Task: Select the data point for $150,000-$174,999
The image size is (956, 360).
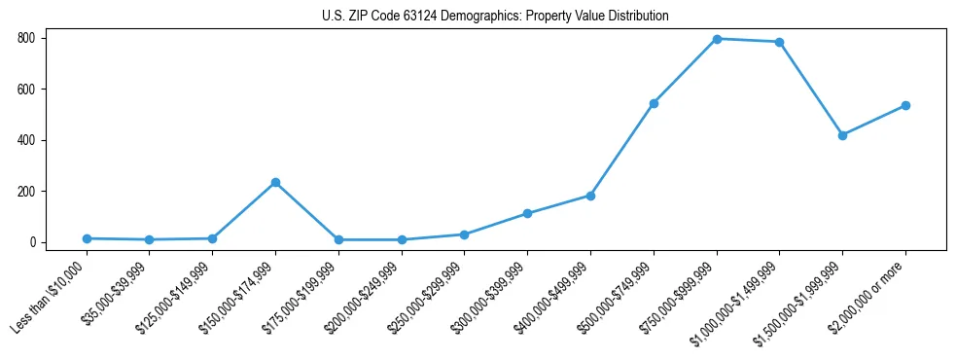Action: pyautogui.click(x=275, y=182)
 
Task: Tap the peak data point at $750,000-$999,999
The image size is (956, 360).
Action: pyautogui.click(x=717, y=39)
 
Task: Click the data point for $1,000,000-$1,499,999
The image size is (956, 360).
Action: pyautogui.click(x=780, y=42)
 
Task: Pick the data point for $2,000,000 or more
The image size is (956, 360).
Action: pyautogui.click(x=905, y=105)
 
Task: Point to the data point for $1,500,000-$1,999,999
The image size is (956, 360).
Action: pyautogui.click(x=842, y=135)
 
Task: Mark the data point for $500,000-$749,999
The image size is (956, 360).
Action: pyautogui.click(x=654, y=103)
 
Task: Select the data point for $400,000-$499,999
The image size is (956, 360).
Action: pyautogui.click(x=590, y=196)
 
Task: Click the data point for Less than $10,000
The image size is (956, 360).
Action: pyautogui.click(x=87, y=238)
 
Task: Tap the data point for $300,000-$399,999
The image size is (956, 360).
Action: pyautogui.click(x=527, y=213)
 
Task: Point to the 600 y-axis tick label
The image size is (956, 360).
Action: pyautogui.click(x=26, y=90)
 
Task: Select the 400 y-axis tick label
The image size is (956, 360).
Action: pyautogui.click(x=26, y=140)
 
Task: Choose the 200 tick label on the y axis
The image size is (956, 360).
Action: pyautogui.click(x=26, y=192)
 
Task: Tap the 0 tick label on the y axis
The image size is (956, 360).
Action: pyautogui.click(x=32, y=242)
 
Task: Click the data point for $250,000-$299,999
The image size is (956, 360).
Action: pyautogui.click(x=464, y=234)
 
